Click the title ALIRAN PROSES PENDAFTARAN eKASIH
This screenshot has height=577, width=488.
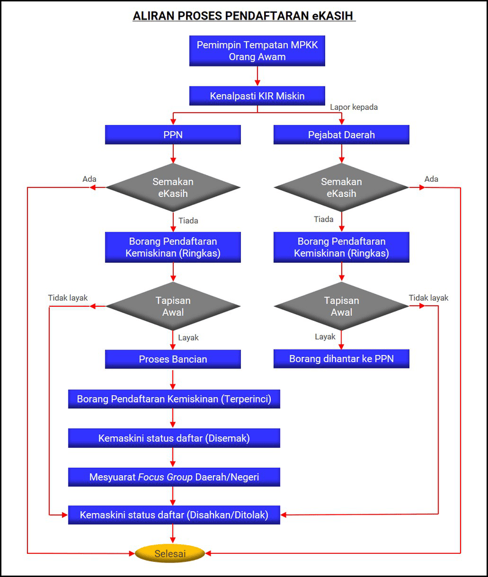[x=244, y=16]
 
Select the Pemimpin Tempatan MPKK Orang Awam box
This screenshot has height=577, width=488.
[x=257, y=51]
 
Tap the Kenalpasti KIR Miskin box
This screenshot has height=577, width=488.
[x=257, y=96]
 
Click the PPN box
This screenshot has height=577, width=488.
[x=173, y=135]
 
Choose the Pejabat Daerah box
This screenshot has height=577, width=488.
[x=341, y=135]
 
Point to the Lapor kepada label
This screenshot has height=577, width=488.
[x=354, y=107]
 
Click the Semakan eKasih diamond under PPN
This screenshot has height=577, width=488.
[x=173, y=187]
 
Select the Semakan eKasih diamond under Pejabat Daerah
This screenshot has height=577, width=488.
[x=341, y=187]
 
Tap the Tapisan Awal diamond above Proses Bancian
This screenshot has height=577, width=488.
[x=173, y=306]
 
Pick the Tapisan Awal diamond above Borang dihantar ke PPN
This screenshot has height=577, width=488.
[x=341, y=306]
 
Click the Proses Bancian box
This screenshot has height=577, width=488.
[x=173, y=359]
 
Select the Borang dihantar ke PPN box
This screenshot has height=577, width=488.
[x=341, y=359]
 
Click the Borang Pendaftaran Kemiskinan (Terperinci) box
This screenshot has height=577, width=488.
[x=174, y=400]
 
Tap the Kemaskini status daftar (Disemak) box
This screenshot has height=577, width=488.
[x=174, y=438]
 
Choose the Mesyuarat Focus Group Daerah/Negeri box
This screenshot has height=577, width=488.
[x=174, y=477]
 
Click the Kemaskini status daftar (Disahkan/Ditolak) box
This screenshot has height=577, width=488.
[x=174, y=515]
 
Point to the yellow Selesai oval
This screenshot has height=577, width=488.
[x=170, y=554]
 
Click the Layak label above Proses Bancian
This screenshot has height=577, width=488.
[x=188, y=337]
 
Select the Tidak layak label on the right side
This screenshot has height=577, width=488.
[x=428, y=298]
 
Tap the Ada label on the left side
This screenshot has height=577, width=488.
[x=90, y=179]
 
